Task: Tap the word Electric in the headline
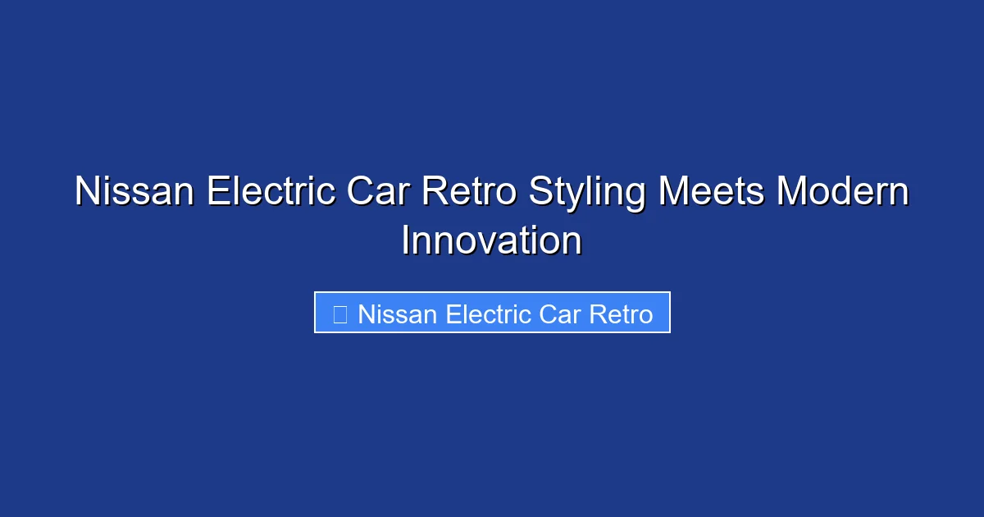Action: tap(271, 193)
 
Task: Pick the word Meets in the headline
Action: tap(711, 193)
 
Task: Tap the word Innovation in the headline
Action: tap(492, 241)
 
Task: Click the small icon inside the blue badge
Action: tap(340, 313)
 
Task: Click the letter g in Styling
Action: tap(635, 197)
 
